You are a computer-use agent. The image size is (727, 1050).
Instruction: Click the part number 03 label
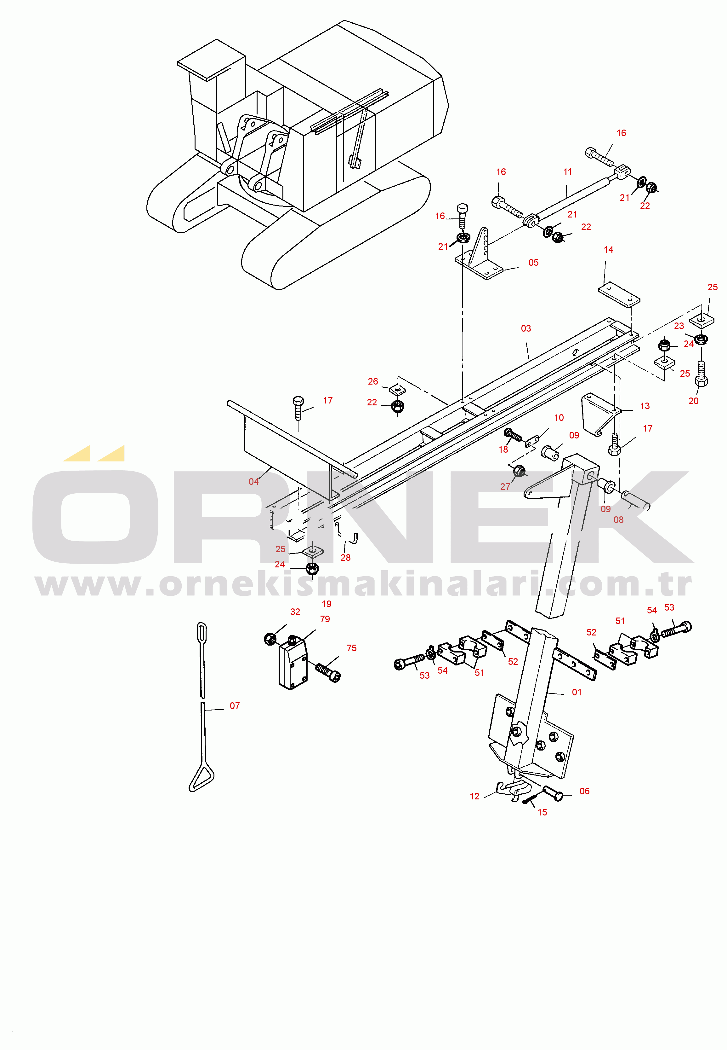(526, 328)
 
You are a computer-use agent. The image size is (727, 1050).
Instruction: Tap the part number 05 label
(533, 263)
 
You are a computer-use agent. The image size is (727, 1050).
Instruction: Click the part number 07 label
(235, 706)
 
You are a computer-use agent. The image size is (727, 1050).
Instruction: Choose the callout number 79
(325, 619)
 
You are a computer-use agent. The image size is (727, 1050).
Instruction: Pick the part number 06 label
(584, 791)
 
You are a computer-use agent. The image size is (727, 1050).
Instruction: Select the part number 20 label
(693, 401)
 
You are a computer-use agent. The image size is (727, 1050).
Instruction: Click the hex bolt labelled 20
(701, 374)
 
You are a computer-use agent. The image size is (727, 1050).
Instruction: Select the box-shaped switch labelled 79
(293, 664)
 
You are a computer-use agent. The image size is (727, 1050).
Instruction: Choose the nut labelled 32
(269, 638)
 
